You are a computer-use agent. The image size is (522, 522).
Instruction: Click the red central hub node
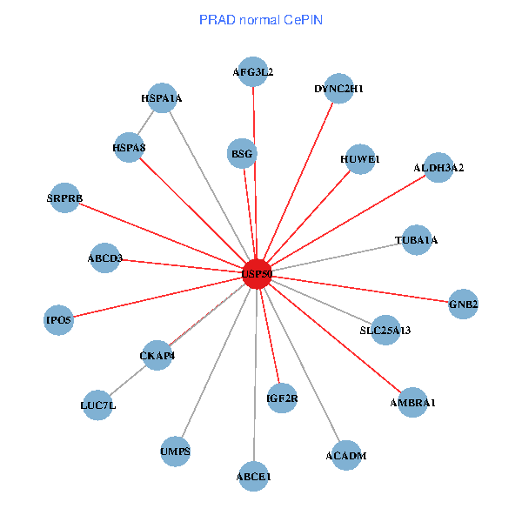point(257,274)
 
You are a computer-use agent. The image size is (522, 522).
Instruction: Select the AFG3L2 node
point(253,72)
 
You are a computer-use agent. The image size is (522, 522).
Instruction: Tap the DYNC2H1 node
point(338,89)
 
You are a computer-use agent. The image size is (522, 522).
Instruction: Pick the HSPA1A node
point(162,98)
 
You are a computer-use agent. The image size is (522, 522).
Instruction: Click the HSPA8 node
point(129,148)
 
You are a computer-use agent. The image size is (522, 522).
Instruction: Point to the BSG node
point(242,154)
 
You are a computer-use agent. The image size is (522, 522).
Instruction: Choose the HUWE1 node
point(360,159)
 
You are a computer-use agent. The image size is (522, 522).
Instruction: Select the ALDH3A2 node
point(438,167)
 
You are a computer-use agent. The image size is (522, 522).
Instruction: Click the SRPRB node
point(64,198)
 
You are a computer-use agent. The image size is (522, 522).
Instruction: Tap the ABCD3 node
point(105,258)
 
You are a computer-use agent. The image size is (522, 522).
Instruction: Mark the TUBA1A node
point(416,239)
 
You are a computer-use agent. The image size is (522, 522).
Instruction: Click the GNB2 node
point(464,304)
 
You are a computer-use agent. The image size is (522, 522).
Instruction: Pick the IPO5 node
point(59,320)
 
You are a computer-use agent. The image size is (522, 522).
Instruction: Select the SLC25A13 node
point(385,330)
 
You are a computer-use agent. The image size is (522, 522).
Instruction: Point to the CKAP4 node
point(157,355)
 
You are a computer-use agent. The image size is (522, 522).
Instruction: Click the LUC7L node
point(98,405)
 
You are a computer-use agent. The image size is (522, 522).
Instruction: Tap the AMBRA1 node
point(412,403)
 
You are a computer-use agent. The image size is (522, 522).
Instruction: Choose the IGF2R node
point(282,399)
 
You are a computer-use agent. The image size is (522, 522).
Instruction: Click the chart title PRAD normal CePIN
point(261,19)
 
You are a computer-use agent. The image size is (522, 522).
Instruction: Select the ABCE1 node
point(254,477)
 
